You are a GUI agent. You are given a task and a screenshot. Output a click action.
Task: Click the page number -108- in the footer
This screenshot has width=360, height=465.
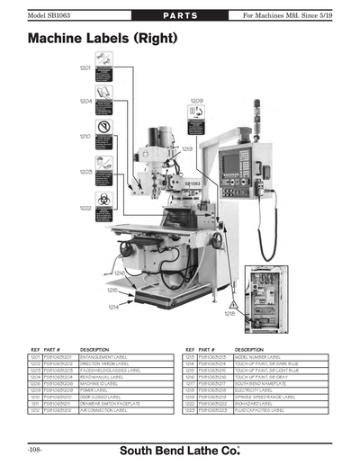coord(37,447)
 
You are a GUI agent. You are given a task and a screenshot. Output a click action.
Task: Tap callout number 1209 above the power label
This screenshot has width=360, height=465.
coord(196,101)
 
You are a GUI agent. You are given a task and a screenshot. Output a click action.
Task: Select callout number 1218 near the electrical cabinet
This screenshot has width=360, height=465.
coord(230,314)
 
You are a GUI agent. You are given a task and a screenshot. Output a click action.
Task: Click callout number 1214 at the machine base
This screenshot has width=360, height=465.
coord(114,307)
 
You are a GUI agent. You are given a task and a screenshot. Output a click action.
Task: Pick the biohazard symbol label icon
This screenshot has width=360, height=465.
coord(104,201)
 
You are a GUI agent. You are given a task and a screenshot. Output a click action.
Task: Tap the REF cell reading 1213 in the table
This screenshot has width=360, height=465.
coord(191,357)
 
